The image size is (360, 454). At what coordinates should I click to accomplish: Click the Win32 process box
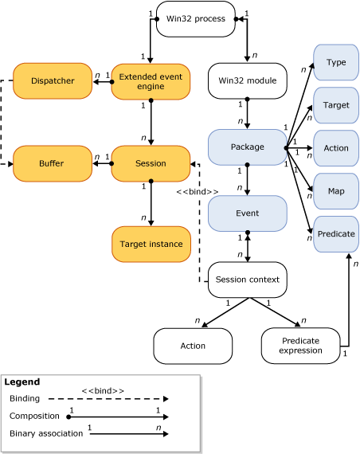pos(196,18)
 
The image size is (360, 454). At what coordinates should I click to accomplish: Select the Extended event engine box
pos(151,80)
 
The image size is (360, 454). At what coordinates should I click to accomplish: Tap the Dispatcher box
pos(53,80)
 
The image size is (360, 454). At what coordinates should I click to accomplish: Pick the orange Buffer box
pos(53,163)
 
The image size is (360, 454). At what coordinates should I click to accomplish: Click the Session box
pos(151,163)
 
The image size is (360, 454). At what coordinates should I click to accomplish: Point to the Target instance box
pos(151,244)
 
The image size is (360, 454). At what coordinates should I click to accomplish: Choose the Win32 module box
pos(247,80)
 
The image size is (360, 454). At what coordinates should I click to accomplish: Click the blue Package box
pos(247,147)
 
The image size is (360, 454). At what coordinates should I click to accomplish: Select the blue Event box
pos(247,213)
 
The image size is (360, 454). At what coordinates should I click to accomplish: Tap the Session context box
pos(247,280)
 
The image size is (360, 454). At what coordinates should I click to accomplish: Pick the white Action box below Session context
pos(193,346)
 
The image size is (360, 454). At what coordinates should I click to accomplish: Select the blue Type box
pos(336,62)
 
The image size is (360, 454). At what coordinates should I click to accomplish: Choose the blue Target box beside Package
pos(336,104)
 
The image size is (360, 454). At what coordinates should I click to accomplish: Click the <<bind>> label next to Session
pos(197,192)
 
